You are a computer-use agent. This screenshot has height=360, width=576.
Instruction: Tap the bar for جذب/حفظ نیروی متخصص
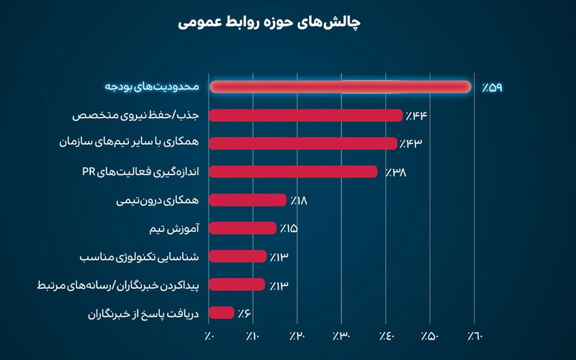click(x=306, y=115)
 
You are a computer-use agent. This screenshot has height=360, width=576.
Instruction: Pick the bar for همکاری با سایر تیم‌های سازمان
click(x=303, y=143)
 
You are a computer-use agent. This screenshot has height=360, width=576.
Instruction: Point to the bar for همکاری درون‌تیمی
click(x=248, y=199)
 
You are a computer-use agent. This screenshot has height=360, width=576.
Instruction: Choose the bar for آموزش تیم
click(x=243, y=228)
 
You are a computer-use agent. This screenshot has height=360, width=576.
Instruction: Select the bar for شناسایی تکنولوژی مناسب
click(x=238, y=256)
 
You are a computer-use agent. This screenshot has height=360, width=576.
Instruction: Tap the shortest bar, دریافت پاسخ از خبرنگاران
click(x=222, y=312)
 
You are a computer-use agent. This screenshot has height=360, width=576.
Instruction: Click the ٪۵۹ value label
click(x=492, y=87)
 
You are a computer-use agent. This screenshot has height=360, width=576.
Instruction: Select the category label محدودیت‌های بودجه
click(x=151, y=87)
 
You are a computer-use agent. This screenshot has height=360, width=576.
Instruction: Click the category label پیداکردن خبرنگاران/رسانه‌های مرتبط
click(x=120, y=284)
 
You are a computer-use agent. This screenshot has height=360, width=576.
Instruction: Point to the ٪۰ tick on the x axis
click(x=210, y=336)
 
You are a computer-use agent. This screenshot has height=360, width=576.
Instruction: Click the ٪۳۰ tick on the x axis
click(x=342, y=336)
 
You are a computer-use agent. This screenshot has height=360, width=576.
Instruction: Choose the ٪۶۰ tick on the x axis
click(x=476, y=336)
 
